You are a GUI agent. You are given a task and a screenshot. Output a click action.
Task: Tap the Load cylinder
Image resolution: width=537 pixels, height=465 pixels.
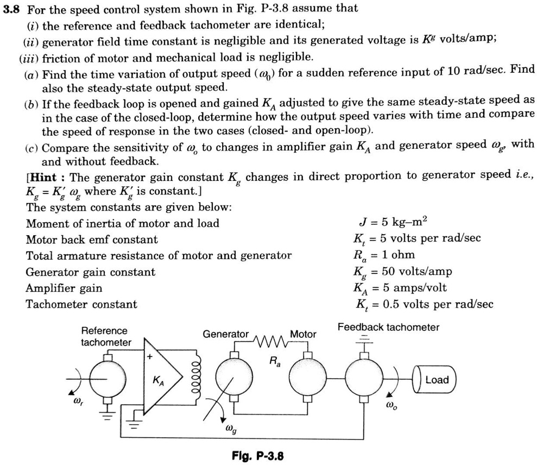pos(435,380)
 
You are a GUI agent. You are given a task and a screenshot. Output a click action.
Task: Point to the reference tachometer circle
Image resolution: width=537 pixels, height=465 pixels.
pos(106,379)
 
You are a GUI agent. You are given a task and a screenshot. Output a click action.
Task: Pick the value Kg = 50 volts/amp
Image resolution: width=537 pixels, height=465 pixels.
pos(402,272)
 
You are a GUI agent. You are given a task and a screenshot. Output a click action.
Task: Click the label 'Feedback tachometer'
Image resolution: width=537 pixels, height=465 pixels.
pos(388,327)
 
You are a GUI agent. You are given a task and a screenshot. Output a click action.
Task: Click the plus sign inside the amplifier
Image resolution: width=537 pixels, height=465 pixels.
pos(149,357)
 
